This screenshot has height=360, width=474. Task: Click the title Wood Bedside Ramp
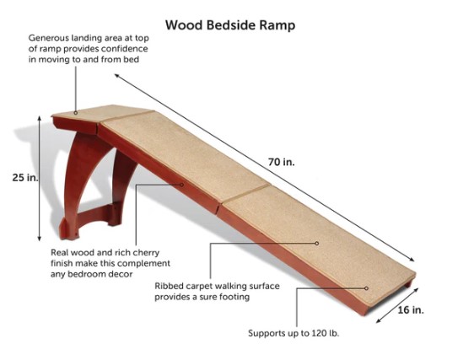point(230,25)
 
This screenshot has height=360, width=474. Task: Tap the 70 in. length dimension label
point(281,163)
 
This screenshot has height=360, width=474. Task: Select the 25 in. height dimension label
point(25,177)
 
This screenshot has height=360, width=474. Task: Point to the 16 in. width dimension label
point(411,309)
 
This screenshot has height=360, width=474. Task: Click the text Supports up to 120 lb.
point(294,333)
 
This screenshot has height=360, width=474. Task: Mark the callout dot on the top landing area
point(76,113)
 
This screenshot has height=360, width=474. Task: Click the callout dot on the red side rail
point(182,185)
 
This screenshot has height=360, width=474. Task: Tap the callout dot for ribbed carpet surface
point(317,243)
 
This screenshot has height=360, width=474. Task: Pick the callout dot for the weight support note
point(366,288)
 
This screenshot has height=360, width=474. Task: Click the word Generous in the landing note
point(49,39)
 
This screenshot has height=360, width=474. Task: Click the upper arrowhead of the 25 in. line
point(40,118)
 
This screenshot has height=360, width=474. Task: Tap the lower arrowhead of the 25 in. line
point(40,239)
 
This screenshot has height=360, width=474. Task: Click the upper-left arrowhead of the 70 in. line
point(117,76)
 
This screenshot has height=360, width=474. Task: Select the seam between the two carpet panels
point(246,192)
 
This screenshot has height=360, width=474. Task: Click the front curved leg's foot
point(67,231)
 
